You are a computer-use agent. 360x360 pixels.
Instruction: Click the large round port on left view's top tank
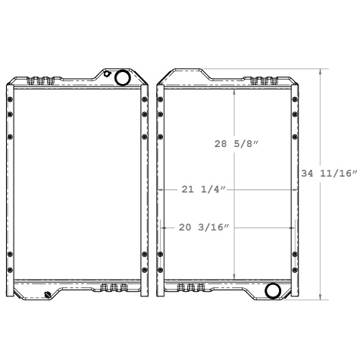coord(121,77)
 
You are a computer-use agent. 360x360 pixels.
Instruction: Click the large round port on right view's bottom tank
coord(273,290)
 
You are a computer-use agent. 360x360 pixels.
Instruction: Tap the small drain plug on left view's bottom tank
coord(49,293)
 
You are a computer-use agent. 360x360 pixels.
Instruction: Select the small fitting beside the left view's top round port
coord(108,74)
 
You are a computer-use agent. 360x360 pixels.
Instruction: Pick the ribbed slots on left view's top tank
coord(42,80)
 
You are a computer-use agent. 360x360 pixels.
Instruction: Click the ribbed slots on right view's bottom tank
coord(189,287)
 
